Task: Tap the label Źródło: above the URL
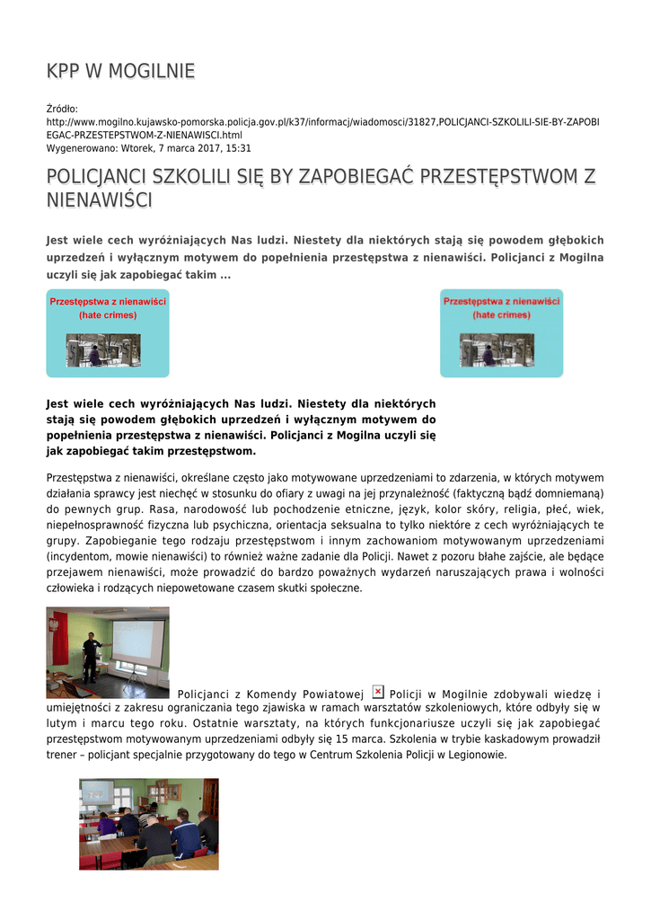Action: [63, 109]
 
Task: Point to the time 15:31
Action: [237, 148]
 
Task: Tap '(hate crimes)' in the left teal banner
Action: [107, 315]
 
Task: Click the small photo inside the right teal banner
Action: [497, 349]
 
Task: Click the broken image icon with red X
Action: [378, 692]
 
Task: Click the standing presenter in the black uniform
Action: [90, 658]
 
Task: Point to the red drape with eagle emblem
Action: [60, 635]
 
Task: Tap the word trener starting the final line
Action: [64, 756]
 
